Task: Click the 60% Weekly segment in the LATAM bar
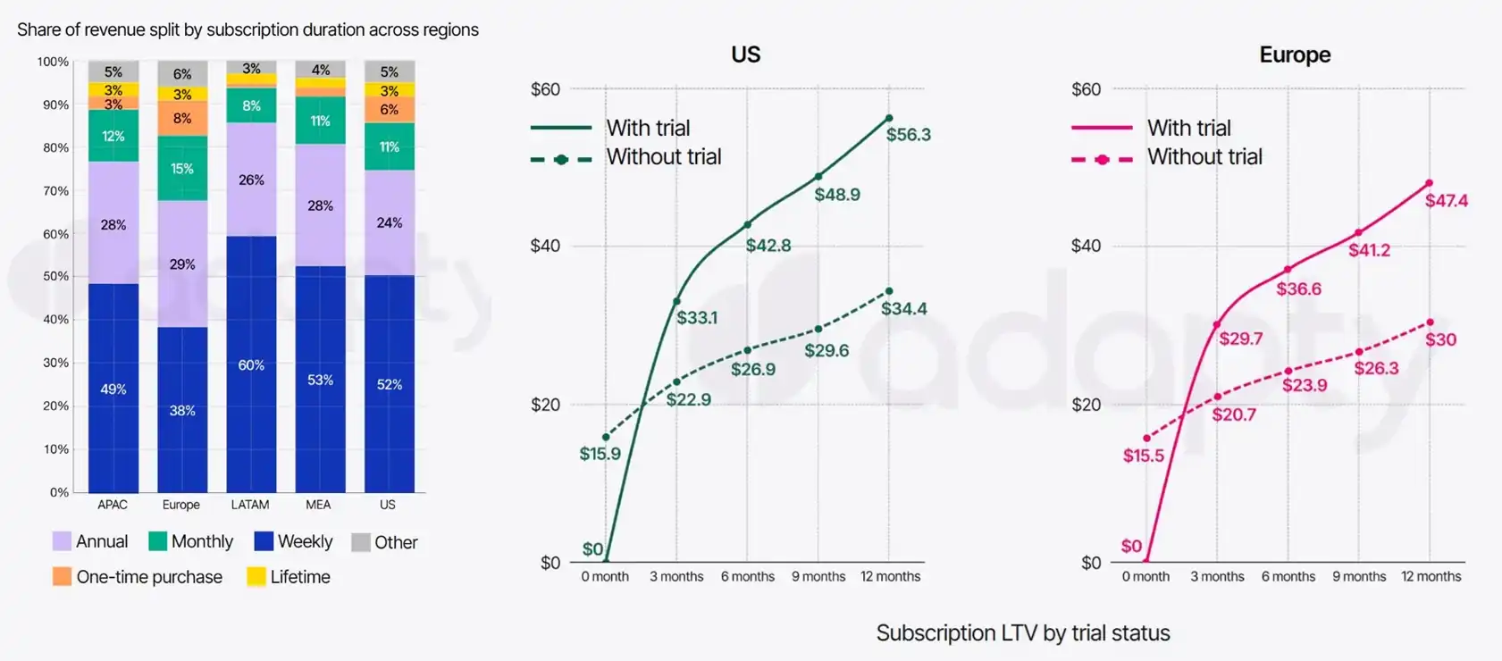coord(251,364)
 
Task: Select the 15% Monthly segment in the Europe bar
coord(182,168)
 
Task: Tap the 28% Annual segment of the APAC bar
coord(113,223)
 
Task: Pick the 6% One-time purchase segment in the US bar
coord(389,109)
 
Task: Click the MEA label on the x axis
coord(318,505)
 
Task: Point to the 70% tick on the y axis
coord(55,191)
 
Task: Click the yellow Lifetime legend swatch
coord(256,577)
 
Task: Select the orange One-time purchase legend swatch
coord(62,577)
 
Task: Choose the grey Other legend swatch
coord(361,542)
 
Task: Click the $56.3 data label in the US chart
coord(908,135)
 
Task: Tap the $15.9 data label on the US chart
coord(600,454)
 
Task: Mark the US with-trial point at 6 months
coord(748,224)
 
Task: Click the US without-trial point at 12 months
coord(889,291)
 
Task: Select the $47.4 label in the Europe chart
coord(1446,201)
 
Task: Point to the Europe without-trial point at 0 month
coord(1146,439)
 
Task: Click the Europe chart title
coord(1295,54)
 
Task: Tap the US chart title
coord(745,54)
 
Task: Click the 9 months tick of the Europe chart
coord(1359,577)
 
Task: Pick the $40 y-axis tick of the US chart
coord(545,246)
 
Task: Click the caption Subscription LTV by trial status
coord(1022,633)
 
